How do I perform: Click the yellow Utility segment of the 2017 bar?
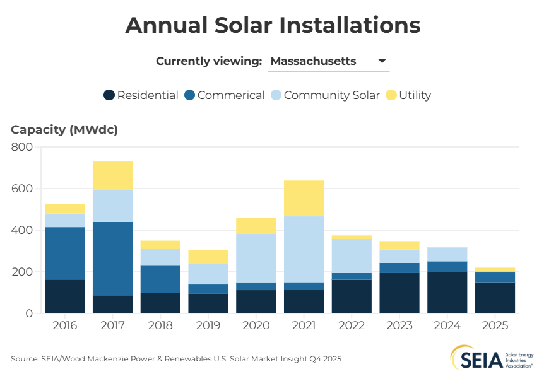pyautogui.click(x=112, y=176)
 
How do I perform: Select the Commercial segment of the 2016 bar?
pyautogui.click(x=65, y=254)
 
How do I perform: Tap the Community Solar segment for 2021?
pyautogui.click(x=304, y=249)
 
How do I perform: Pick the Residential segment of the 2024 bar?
pyautogui.click(x=447, y=293)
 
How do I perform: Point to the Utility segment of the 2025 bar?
pyautogui.click(x=495, y=269)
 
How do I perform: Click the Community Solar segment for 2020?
pyautogui.click(x=256, y=258)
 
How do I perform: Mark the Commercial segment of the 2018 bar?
pyautogui.click(x=160, y=279)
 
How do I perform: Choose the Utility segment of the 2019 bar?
pyautogui.click(x=208, y=257)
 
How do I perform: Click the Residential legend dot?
pyautogui.click(x=109, y=95)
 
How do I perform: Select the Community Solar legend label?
pyautogui.click(x=332, y=95)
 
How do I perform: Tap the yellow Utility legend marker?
pyautogui.click(x=391, y=95)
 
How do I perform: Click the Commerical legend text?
pyautogui.click(x=231, y=95)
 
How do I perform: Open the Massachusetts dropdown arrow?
pyautogui.click(x=382, y=61)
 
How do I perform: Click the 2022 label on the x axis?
pyautogui.click(x=352, y=327)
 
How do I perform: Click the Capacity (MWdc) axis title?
pyautogui.click(x=64, y=130)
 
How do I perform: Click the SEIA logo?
pyautogui.click(x=493, y=359)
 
